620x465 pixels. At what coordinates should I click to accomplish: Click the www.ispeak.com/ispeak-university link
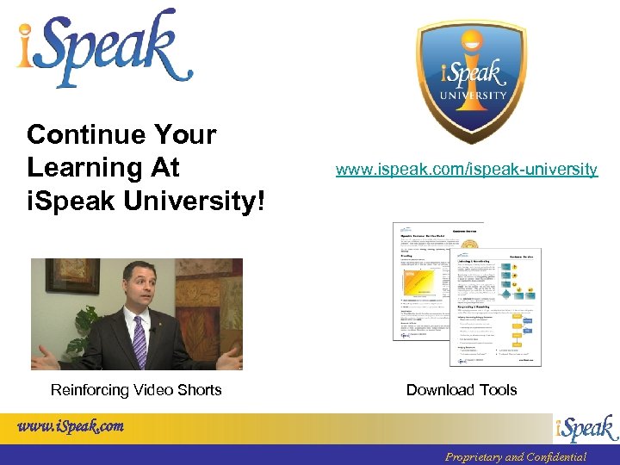tap(466, 170)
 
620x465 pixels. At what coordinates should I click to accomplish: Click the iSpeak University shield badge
tap(471, 77)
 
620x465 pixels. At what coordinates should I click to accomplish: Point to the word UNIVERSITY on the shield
tap(471, 96)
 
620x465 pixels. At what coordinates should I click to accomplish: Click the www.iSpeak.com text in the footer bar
tap(70, 426)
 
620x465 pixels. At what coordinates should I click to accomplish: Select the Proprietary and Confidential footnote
tap(515, 457)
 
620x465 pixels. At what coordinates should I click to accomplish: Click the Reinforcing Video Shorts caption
tap(136, 390)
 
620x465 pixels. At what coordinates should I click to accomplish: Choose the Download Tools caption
tap(462, 390)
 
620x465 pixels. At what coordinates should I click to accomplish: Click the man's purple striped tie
tap(139, 340)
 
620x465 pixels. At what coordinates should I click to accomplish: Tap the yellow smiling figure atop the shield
tap(471, 42)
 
